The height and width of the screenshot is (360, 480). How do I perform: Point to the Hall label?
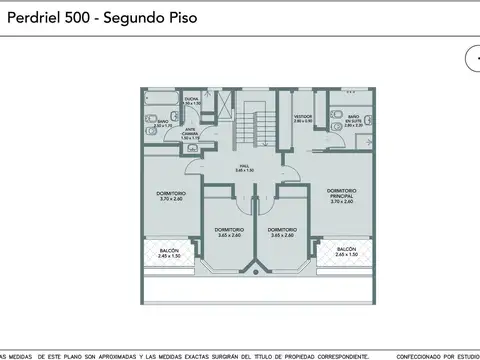[243, 167]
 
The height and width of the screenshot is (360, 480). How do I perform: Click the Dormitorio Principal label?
[341, 193]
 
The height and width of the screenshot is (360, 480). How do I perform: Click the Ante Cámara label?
[190, 131]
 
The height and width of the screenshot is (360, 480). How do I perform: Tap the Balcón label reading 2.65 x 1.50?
[346, 251]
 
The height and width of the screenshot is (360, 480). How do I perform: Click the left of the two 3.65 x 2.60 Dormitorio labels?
[228, 232]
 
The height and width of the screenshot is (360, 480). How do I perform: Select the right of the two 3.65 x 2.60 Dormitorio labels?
[281, 232]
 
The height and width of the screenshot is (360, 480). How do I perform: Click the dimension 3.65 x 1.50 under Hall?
[243, 171]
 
